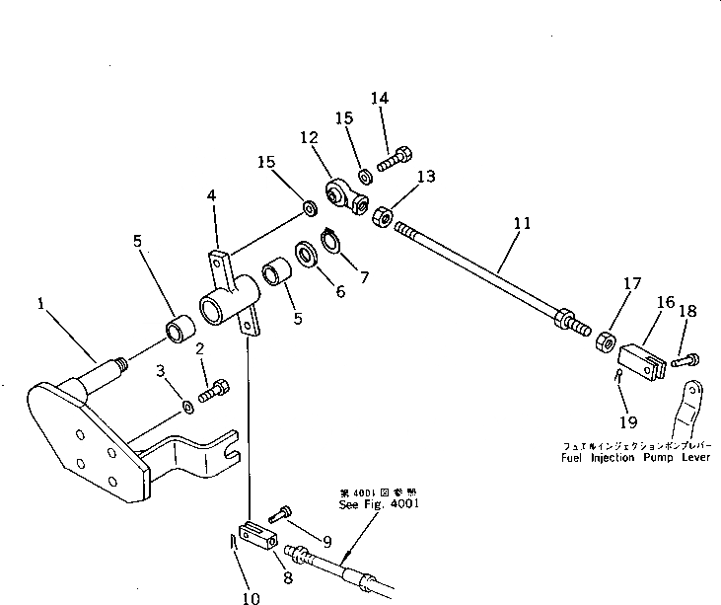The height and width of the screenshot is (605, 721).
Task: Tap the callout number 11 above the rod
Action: coord(522,224)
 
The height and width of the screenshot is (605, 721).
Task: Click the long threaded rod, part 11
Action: coord(483,271)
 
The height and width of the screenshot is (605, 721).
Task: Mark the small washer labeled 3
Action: coord(188,407)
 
